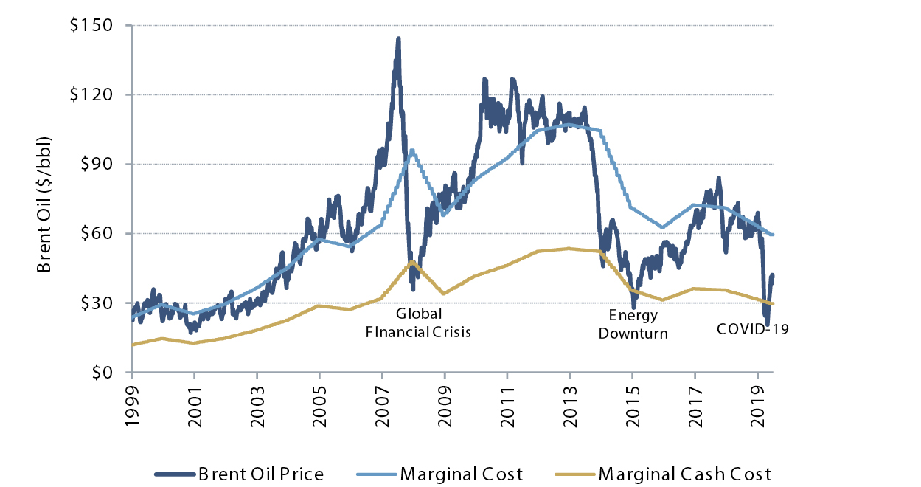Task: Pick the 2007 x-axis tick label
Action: click(x=383, y=402)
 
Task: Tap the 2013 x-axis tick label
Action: click(x=570, y=402)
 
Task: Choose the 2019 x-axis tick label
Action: click(x=758, y=402)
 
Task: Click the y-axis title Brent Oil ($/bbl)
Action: click(x=46, y=204)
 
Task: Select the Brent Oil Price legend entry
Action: click(x=239, y=474)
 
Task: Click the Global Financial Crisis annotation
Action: click(x=419, y=323)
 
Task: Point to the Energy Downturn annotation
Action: click(x=633, y=324)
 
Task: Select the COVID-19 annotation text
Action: click(x=753, y=329)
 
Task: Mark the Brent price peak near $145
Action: click(x=398, y=38)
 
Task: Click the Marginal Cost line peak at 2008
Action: click(x=412, y=150)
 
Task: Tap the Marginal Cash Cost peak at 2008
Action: click(x=413, y=260)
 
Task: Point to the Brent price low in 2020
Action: click(x=767, y=325)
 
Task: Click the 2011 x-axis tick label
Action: click(x=508, y=402)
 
